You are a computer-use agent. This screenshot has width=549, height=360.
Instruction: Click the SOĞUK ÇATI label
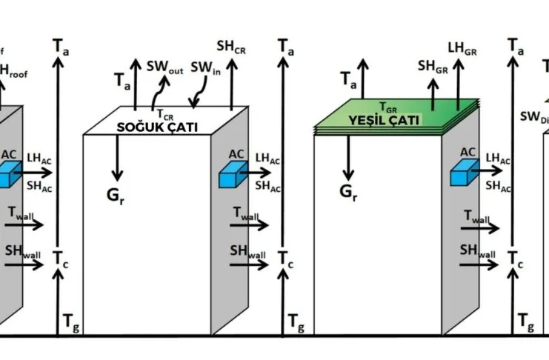tap(157, 127)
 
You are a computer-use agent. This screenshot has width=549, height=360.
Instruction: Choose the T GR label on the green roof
tap(388, 107)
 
